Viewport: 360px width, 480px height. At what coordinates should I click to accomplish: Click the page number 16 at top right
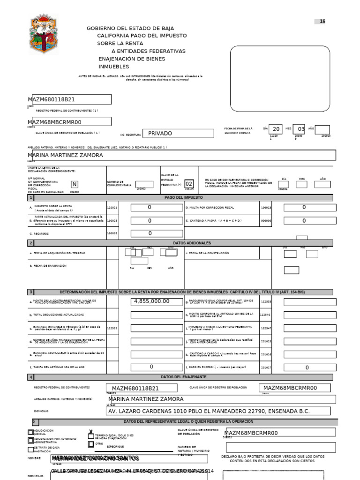(322, 22)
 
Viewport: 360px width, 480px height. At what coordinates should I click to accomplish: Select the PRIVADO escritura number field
(164, 134)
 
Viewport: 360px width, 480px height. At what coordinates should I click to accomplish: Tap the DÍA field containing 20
(276, 129)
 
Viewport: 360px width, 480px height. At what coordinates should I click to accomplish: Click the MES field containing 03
(300, 129)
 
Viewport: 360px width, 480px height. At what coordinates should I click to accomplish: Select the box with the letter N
(75, 185)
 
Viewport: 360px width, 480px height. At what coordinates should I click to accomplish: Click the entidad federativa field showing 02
(188, 185)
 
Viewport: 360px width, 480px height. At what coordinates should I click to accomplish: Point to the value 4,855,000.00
(157, 301)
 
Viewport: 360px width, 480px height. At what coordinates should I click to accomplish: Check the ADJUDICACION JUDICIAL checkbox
(30, 432)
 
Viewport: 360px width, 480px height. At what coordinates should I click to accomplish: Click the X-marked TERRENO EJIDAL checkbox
(91, 435)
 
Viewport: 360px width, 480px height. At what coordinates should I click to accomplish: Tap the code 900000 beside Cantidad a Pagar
(266, 220)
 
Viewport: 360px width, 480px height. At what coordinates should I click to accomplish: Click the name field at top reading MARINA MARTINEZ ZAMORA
(182, 155)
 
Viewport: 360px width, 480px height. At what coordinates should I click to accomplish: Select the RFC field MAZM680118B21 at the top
(69, 99)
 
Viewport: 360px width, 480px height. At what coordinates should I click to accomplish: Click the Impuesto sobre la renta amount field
(157, 207)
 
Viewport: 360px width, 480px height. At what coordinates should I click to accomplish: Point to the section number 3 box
(31, 292)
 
